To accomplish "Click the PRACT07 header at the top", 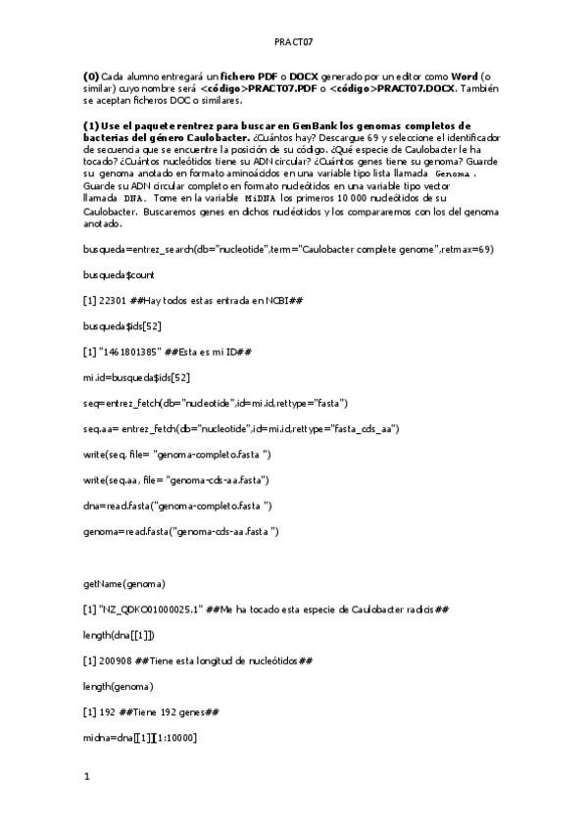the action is [293, 42].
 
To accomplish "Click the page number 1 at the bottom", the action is [87, 777].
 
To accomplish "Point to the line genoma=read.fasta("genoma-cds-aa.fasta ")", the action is [182, 531].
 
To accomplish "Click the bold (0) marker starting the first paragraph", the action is [91, 75].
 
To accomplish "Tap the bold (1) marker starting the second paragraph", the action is [91, 125].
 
